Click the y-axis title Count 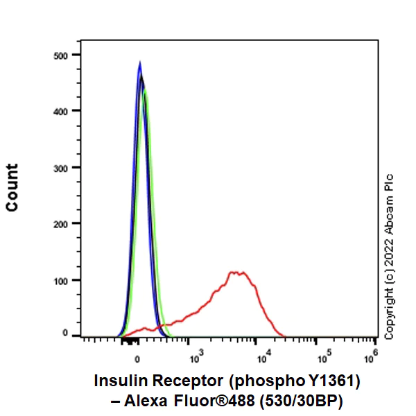pyautogui.click(x=12, y=188)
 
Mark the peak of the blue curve pyautogui.click(x=140, y=62)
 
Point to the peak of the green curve pyautogui.click(x=145, y=89)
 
